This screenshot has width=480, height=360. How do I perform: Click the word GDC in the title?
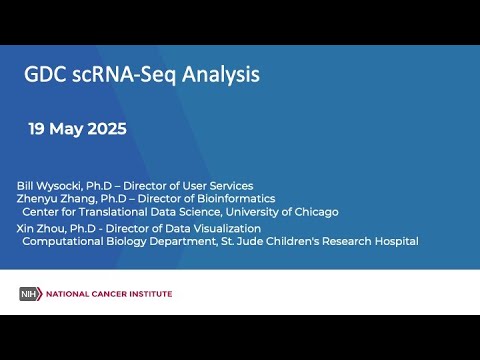(x=46, y=74)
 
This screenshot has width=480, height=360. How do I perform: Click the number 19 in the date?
(x=37, y=129)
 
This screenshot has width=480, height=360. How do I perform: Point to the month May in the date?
(x=68, y=130)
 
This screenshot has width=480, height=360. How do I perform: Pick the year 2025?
(x=107, y=129)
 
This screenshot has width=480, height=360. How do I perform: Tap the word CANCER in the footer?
(x=103, y=294)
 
